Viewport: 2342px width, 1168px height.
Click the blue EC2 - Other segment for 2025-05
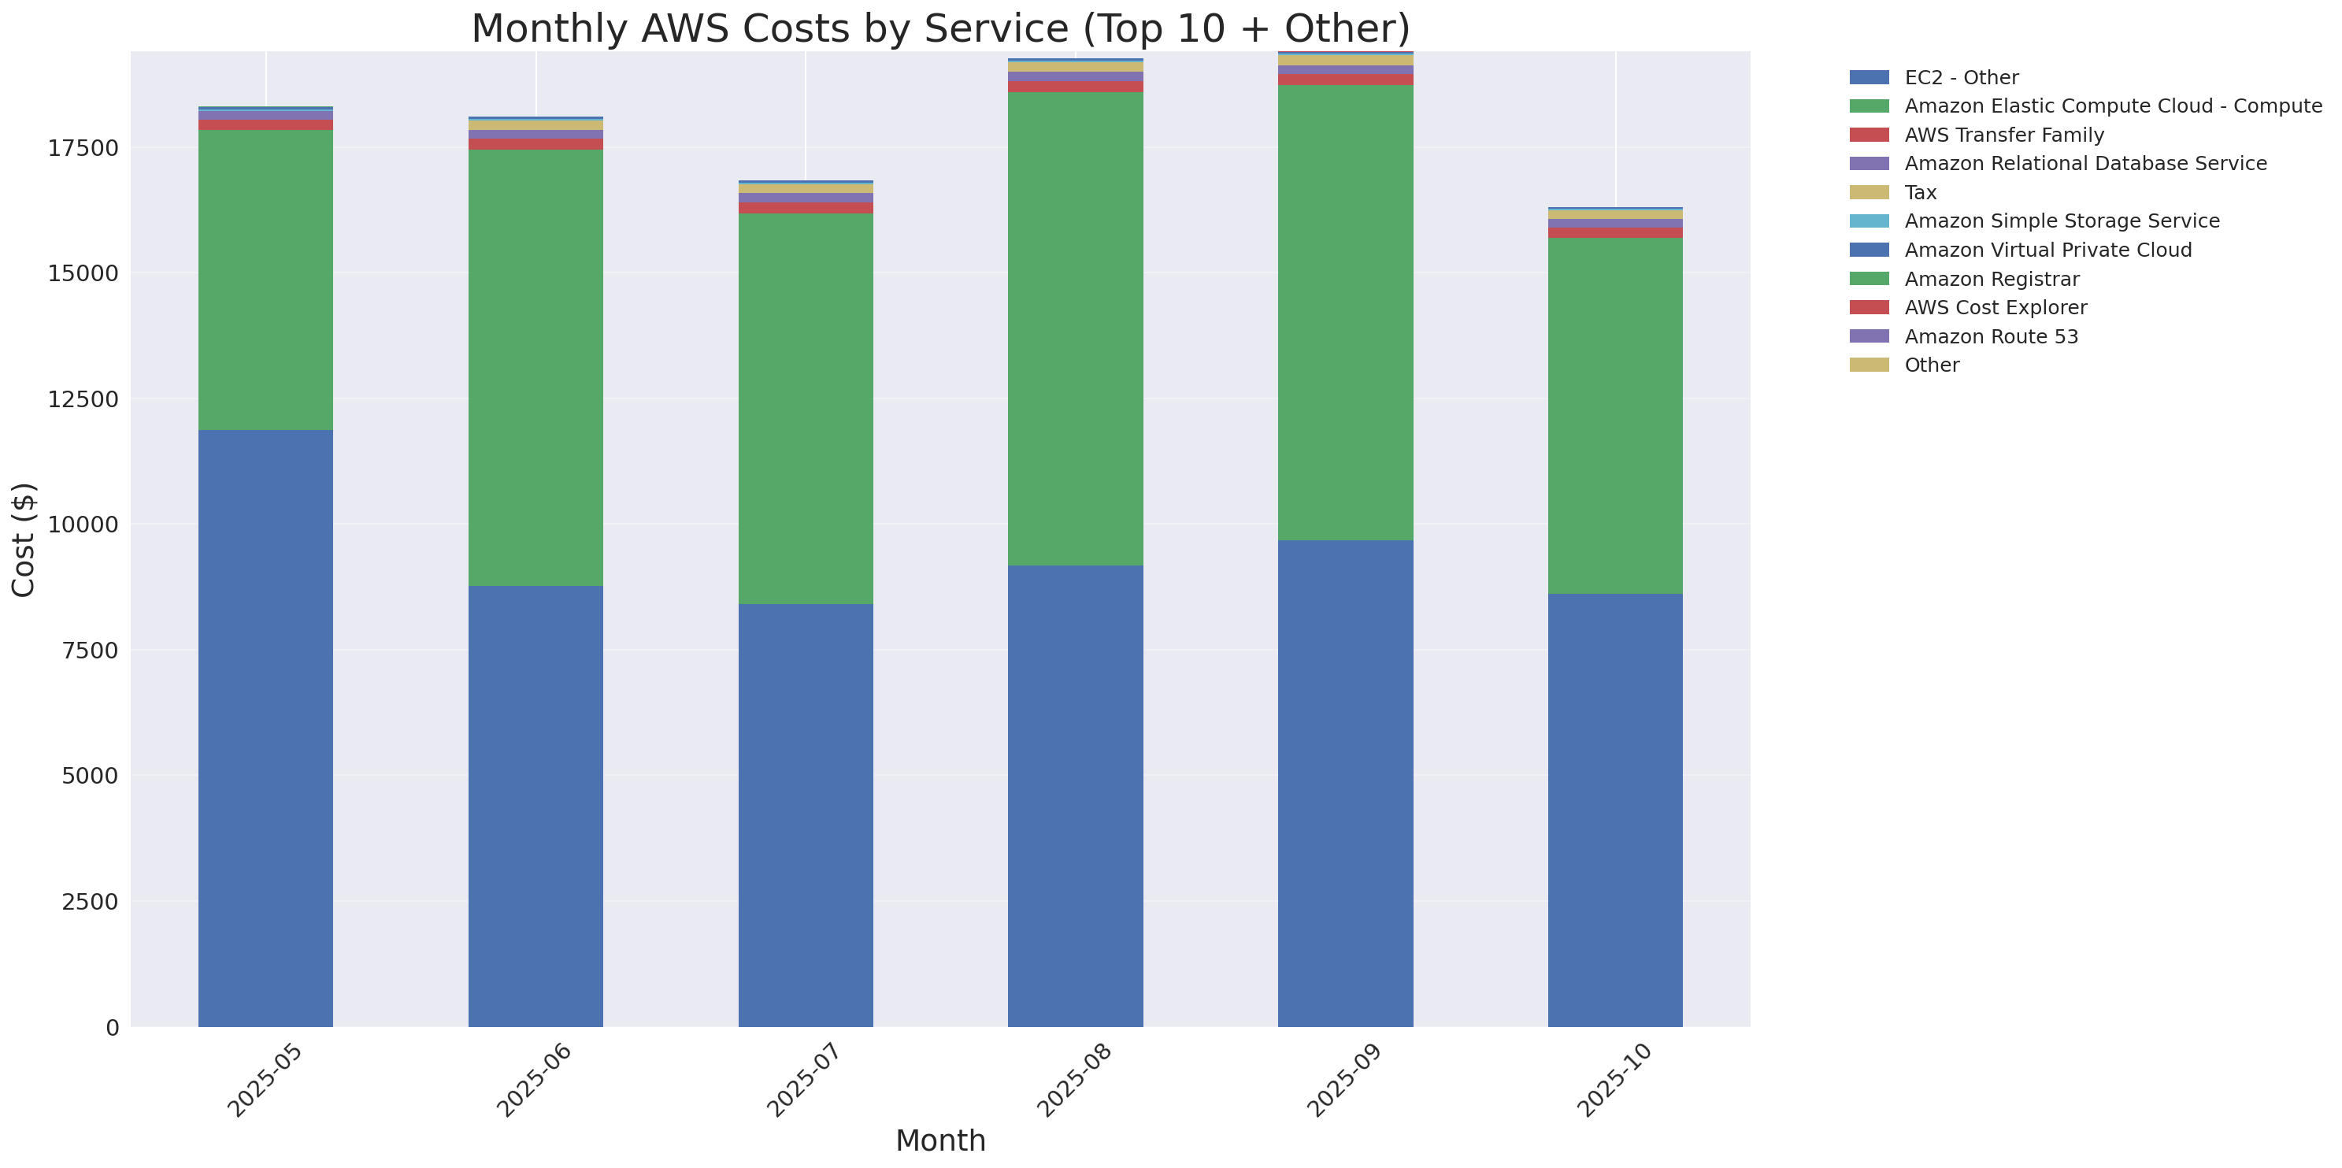click(265, 727)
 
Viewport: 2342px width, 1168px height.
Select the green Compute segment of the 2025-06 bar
click(535, 368)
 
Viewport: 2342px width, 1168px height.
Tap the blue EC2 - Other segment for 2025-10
click(1614, 809)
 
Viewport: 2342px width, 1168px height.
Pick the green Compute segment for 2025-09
click(1346, 313)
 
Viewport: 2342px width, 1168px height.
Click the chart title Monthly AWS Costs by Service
click(940, 28)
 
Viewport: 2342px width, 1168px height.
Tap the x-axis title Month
click(940, 1140)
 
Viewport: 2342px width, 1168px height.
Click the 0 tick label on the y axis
click(112, 1027)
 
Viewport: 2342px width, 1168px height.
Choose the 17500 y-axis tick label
click(83, 148)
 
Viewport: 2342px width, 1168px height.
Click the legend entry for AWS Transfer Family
click(2004, 135)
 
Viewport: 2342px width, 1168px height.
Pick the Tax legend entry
click(1920, 193)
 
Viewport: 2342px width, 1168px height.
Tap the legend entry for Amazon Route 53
click(1991, 336)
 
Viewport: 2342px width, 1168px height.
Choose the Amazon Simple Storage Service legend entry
click(2061, 221)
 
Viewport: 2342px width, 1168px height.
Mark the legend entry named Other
click(1931, 365)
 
